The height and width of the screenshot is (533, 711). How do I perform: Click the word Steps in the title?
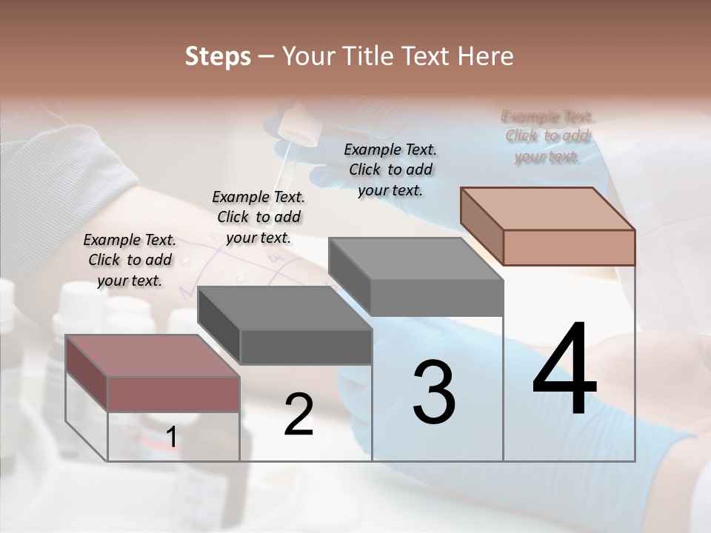[218, 56]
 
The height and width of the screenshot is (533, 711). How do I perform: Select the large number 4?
[564, 370]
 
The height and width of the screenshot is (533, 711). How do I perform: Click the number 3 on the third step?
[434, 392]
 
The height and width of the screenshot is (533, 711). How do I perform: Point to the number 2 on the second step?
[298, 415]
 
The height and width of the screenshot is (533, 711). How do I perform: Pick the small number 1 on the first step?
[172, 438]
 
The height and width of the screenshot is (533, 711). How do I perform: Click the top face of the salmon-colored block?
[547, 209]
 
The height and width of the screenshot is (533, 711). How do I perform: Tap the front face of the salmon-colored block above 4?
[569, 247]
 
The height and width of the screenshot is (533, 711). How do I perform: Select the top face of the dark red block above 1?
[152, 355]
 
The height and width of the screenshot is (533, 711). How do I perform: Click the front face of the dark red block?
[173, 394]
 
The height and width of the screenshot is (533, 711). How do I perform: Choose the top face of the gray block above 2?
[284, 307]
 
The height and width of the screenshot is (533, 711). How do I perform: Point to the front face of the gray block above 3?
[437, 298]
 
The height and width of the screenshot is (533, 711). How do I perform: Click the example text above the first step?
[130, 260]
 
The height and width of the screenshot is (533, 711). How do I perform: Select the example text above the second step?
[258, 217]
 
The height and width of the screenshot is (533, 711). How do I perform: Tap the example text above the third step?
[390, 170]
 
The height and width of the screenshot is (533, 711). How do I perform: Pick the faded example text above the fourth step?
[547, 136]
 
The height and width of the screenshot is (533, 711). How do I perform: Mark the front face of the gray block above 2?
[305, 346]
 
